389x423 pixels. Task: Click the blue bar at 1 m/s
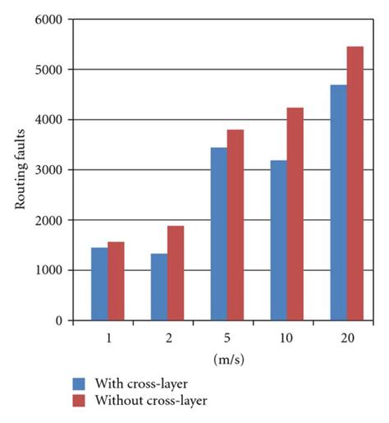pyautogui.click(x=99, y=284)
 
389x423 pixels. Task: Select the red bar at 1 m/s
pyautogui.click(x=116, y=281)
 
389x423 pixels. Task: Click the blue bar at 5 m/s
pyautogui.click(x=219, y=234)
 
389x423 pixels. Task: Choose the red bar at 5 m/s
pyautogui.click(x=236, y=225)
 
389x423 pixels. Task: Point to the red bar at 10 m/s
pyautogui.click(x=295, y=214)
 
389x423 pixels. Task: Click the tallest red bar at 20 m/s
pyautogui.click(x=355, y=183)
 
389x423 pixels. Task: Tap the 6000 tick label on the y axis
pyautogui.click(x=49, y=20)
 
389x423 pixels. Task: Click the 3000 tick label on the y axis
pyautogui.click(x=49, y=170)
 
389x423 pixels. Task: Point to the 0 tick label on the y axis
pyautogui.click(x=58, y=321)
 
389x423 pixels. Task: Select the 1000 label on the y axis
pyautogui.click(x=49, y=271)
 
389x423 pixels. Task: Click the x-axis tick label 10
pyautogui.click(x=286, y=338)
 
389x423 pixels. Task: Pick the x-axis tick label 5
pyautogui.click(x=227, y=338)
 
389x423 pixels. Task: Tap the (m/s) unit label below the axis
pyautogui.click(x=227, y=358)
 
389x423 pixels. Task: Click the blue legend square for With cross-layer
pyautogui.click(x=80, y=384)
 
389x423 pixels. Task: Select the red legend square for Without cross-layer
pyautogui.click(x=80, y=401)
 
